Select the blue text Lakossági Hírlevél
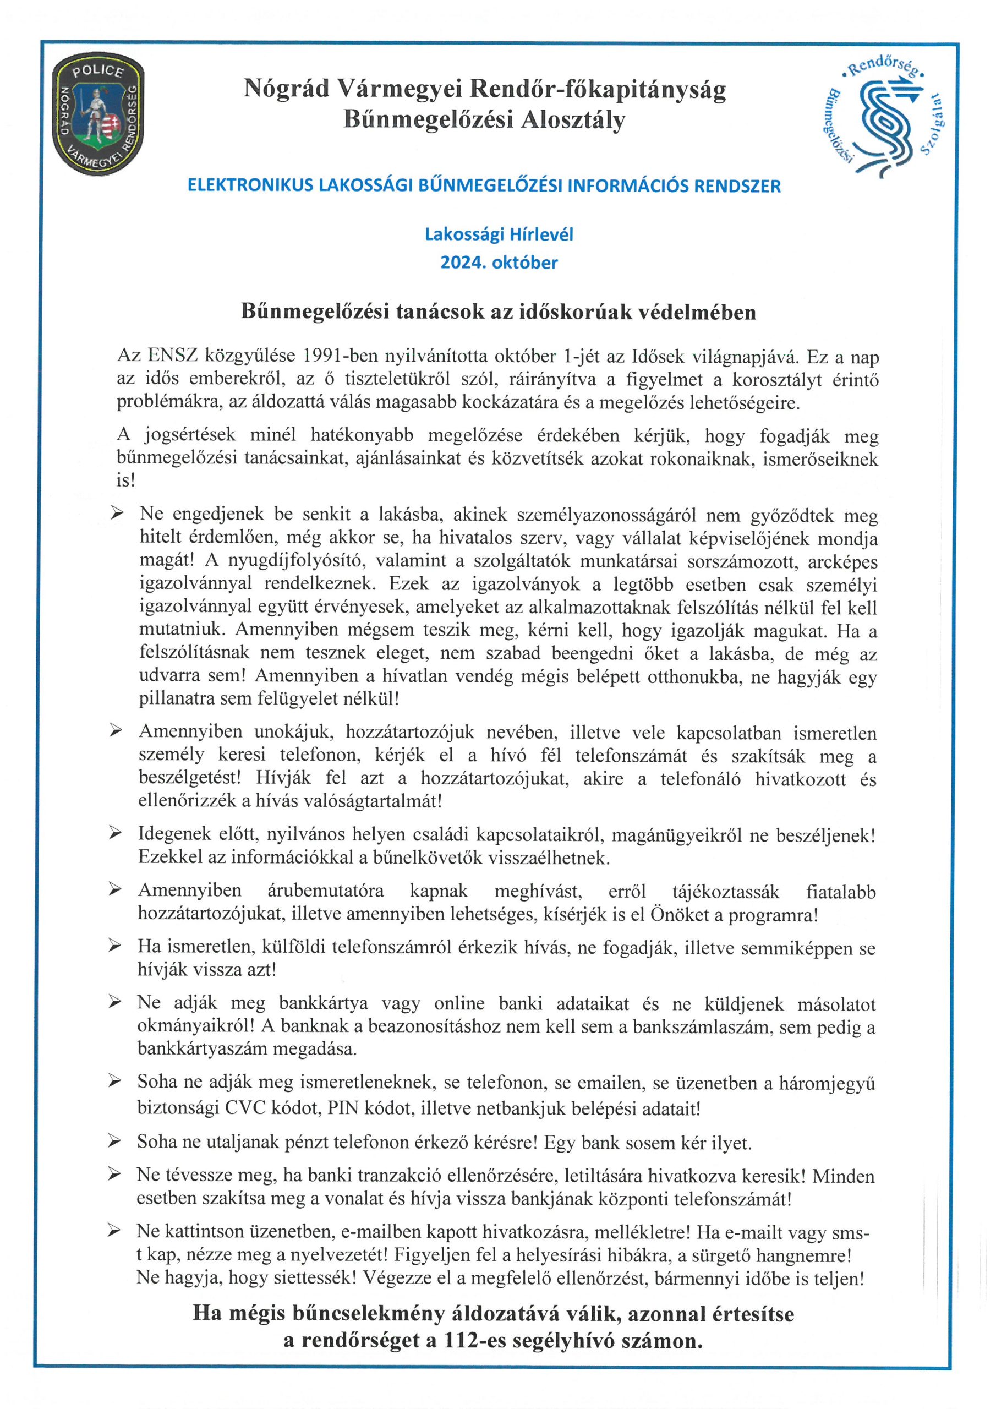[x=499, y=234]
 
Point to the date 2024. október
[x=499, y=263]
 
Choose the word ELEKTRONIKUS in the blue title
[x=250, y=186]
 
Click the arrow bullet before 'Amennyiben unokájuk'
[x=116, y=731]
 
